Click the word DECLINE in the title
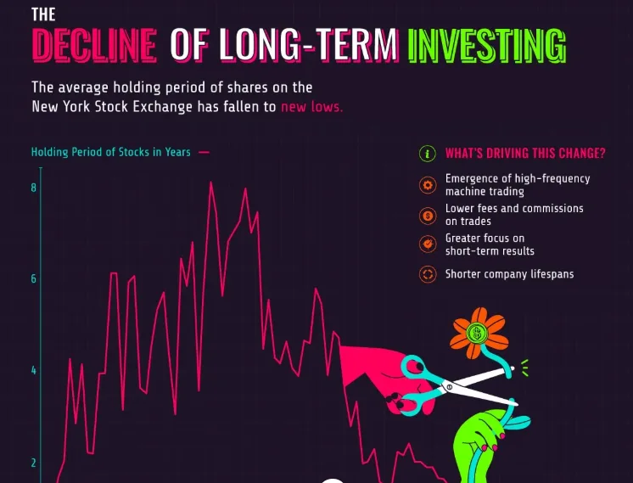coord(94,44)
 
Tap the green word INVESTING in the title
coord(487,45)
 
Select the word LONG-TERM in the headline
coord(309,44)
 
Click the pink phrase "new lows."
coord(311,107)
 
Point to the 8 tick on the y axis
coord(33,188)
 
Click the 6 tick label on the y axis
coord(33,278)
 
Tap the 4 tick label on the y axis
coord(33,370)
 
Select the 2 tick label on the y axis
coord(33,463)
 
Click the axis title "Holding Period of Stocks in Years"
coord(111,152)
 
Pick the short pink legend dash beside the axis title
coord(204,152)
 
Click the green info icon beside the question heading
coord(428,154)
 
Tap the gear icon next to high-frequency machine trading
coord(428,185)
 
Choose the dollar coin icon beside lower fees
coord(428,216)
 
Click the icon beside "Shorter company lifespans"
coord(428,274)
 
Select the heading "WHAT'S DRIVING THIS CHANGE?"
coord(525,154)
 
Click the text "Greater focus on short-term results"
coord(490,244)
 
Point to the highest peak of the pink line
coord(210,183)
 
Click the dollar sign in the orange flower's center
coord(477,333)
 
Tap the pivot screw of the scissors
coord(450,387)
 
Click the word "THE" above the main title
coord(43,14)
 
